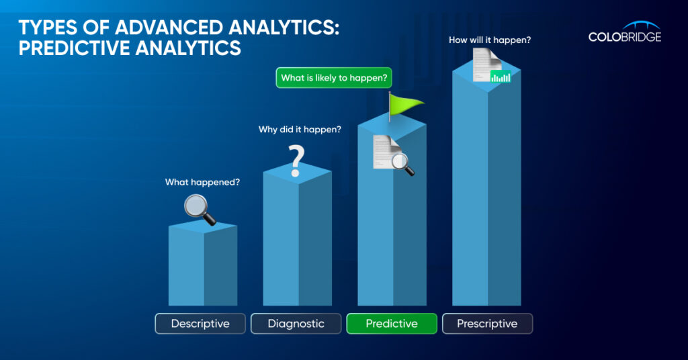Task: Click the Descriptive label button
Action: [200, 324]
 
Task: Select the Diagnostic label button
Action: [296, 324]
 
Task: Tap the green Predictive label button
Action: [392, 324]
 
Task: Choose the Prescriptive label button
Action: [488, 324]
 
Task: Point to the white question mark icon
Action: [296, 161]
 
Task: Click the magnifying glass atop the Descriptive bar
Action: [200, 210]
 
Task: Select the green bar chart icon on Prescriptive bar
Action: [500, 77]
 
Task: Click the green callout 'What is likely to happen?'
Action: [334, 78]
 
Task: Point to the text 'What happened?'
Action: [202, 182]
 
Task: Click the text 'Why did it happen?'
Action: [300, 130]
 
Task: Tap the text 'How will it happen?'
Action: [490, 40]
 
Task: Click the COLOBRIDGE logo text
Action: [624, 37]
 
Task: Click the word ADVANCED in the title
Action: [169, 28]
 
